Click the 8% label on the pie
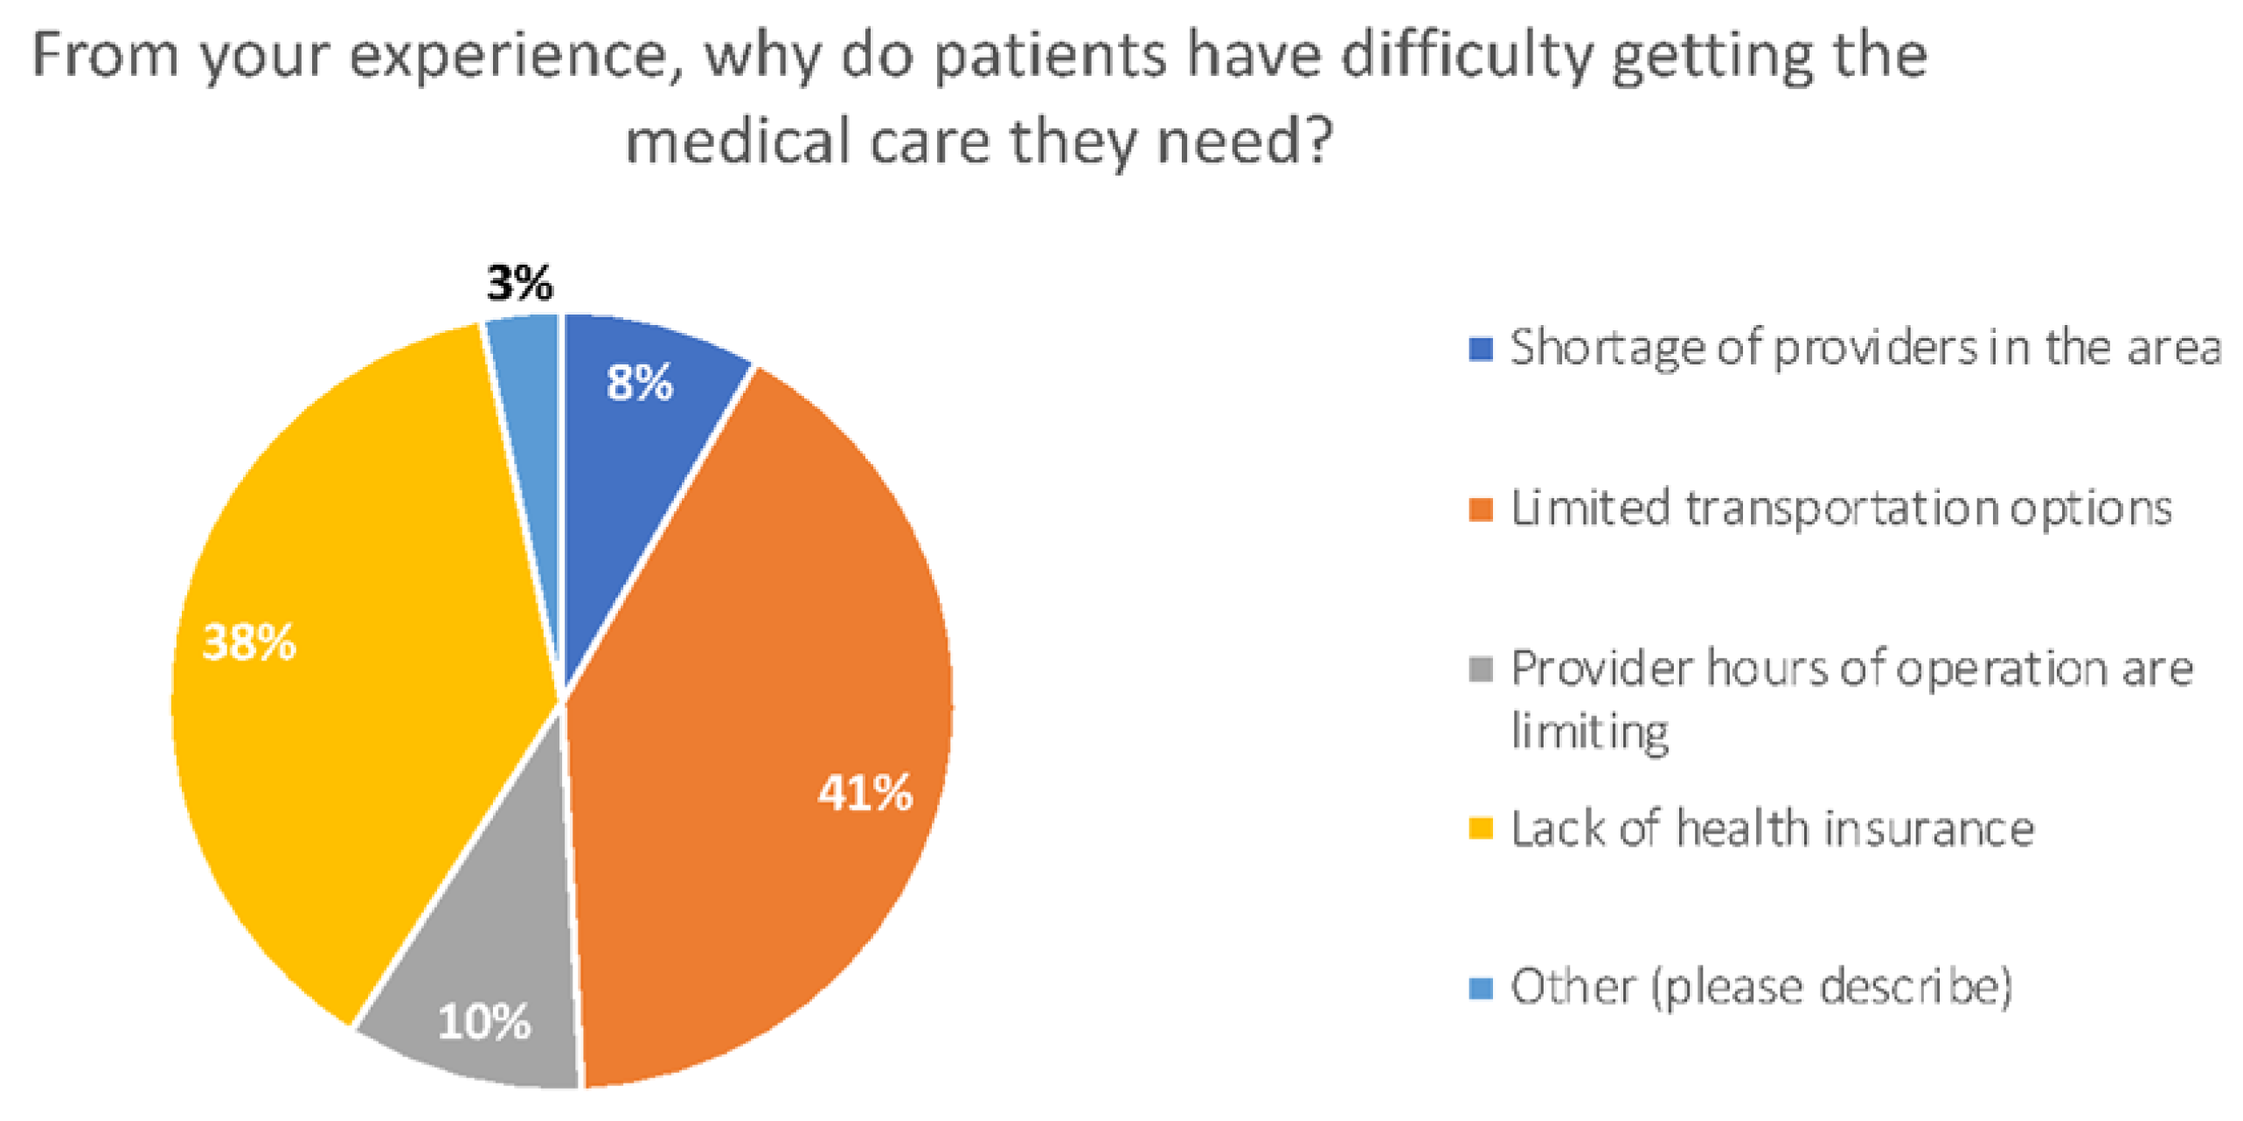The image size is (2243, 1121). pos(640,383)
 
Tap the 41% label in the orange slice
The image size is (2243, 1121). pos(865,793)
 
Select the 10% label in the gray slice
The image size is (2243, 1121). pos(483,1021)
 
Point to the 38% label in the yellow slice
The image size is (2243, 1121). pos(249,642)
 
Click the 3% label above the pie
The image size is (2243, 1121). pos(520,283)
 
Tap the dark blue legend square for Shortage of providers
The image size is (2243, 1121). pos(1480,349)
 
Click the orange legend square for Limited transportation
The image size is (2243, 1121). pos(1480,509)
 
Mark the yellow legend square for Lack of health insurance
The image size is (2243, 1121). pos(1480,828)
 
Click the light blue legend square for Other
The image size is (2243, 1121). pos(1480,988)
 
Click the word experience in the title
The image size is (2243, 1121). pos(516,58)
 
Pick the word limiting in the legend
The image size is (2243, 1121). pos(1589,732)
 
